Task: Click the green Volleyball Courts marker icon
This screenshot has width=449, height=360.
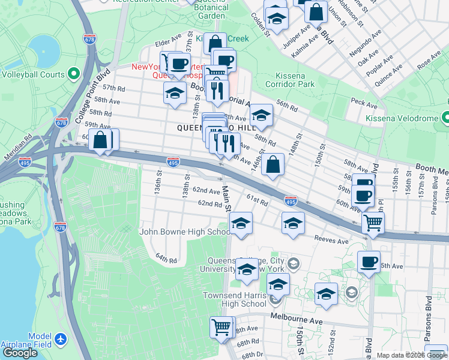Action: click(x=74, y=75)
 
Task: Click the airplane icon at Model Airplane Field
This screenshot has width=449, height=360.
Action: click(x=61, y=340)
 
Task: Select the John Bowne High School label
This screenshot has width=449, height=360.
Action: click(x=184, y=232)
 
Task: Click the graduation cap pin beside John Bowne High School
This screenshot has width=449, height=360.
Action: click(x=241, y=224)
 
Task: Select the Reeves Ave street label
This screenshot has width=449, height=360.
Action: click(x=332, y=241)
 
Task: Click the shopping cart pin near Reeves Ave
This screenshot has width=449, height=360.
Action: click(x=373, y=224)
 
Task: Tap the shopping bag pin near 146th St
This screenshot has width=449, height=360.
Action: click(x=273, y=164)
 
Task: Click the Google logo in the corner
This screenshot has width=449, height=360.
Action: click(x=20, y=352)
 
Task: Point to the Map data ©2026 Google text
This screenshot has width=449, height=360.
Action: click(x=411, y=355)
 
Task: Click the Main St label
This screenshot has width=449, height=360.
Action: click(x=226, y=199)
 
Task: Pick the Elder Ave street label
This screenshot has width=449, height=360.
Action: click(x=168, y=43)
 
